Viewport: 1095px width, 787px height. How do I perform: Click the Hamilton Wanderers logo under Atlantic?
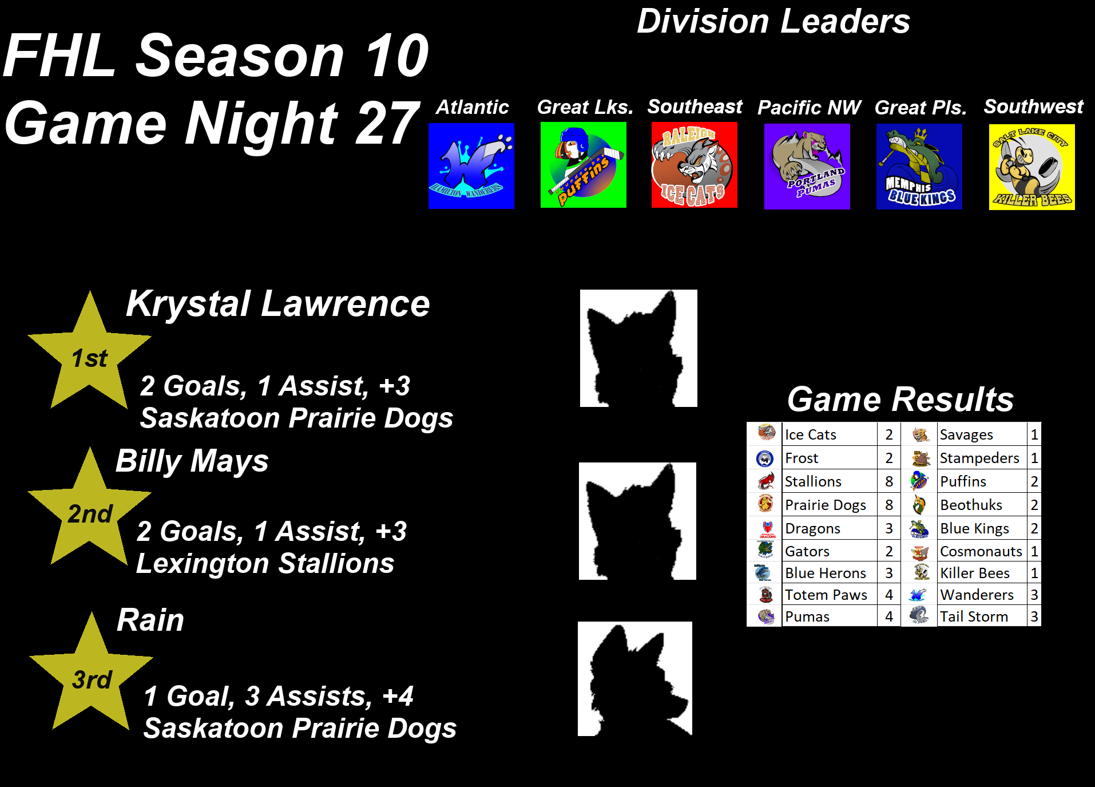point(471,166)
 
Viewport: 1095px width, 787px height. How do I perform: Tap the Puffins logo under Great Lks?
point(584,165)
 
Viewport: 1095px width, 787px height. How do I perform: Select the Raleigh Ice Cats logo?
point(695,165)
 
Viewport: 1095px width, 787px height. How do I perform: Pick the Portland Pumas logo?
point(807,167)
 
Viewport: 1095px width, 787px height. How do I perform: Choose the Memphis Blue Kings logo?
point(919,167)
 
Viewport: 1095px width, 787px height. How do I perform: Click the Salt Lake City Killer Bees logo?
point(1032,167)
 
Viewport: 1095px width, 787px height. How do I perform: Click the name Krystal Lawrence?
point(278,304)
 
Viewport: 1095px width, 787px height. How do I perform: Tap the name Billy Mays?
point(192,461)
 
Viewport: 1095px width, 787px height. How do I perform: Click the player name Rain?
point(150,620)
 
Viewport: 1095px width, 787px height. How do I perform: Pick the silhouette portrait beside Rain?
point(635,679)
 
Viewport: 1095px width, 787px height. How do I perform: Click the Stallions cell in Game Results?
point(830,481)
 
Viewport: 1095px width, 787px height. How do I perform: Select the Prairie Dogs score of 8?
point(889,505)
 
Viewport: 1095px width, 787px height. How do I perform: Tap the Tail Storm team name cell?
point(982,616)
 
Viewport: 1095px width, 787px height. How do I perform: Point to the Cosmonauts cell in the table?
point(982,551)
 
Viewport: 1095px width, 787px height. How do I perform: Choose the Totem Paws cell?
point(830,595)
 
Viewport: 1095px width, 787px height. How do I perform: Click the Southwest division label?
point(1034,106)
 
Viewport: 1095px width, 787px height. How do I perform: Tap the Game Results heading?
point(900,399)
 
